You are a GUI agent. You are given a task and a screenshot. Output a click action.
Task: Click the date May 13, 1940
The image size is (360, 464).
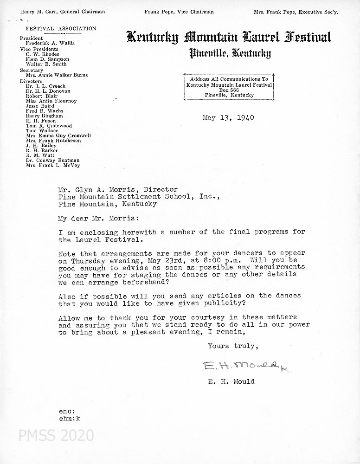coord(228,118)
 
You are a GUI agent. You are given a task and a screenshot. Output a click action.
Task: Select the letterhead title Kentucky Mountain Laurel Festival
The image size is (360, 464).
coord(229,37)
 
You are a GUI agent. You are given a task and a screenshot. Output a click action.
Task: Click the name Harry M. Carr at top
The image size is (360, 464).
coord(37,12)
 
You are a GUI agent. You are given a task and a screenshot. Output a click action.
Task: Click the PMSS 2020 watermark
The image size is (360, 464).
coord(56,435)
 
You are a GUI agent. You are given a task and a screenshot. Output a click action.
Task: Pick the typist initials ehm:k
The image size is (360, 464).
coord(70,418)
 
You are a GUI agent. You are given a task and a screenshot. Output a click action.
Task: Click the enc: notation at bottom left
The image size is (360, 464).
coord(67,412)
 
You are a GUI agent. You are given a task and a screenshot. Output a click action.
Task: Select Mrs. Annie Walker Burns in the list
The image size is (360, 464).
coord(57,75)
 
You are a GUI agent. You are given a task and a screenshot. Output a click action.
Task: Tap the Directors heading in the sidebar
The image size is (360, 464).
coord(31,81)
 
